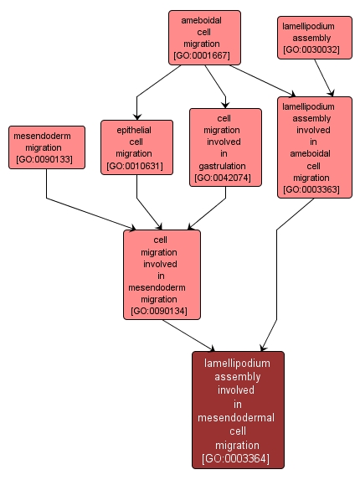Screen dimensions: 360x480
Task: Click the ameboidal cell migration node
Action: pos(204,38)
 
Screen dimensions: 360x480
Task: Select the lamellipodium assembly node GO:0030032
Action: pos(315,38)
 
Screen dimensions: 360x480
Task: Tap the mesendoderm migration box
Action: pos(47,147)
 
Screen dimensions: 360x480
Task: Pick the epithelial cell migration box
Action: pos(136,147)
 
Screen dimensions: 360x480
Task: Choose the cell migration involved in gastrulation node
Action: pos(225,147)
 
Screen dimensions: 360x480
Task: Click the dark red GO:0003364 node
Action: pos(238,410)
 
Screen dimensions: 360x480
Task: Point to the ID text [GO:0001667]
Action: pos(202,55)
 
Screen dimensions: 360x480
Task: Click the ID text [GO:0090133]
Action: pos(44,159)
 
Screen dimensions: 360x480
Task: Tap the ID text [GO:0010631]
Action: pos(135,166)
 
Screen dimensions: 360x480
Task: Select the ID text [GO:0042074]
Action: pos(223,178)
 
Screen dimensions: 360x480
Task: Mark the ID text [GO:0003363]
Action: pos(311,189)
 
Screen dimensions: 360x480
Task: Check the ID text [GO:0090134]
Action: pos(159,311)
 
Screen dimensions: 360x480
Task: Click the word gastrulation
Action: pos(223,166)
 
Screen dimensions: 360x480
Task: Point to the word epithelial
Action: pos(134,130)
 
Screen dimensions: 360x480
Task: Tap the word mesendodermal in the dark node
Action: pos(236,417)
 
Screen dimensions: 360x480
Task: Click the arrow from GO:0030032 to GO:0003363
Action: pos(324,78)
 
